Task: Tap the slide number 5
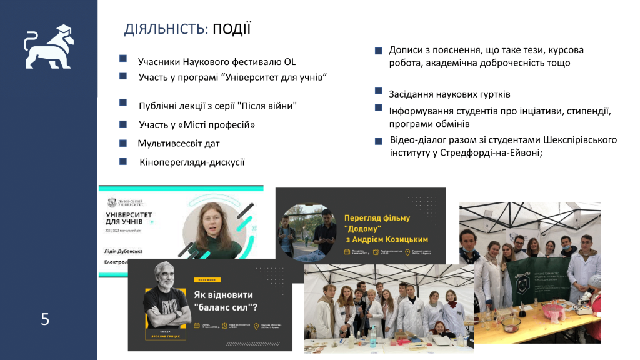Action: click(45, 320)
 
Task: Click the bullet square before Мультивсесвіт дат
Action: click(123, 142)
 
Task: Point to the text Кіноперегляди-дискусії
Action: click(192, 162)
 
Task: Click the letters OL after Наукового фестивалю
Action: click(289, 61)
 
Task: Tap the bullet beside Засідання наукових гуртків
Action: click(378, 92)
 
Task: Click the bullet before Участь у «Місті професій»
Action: click(123, 124)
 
